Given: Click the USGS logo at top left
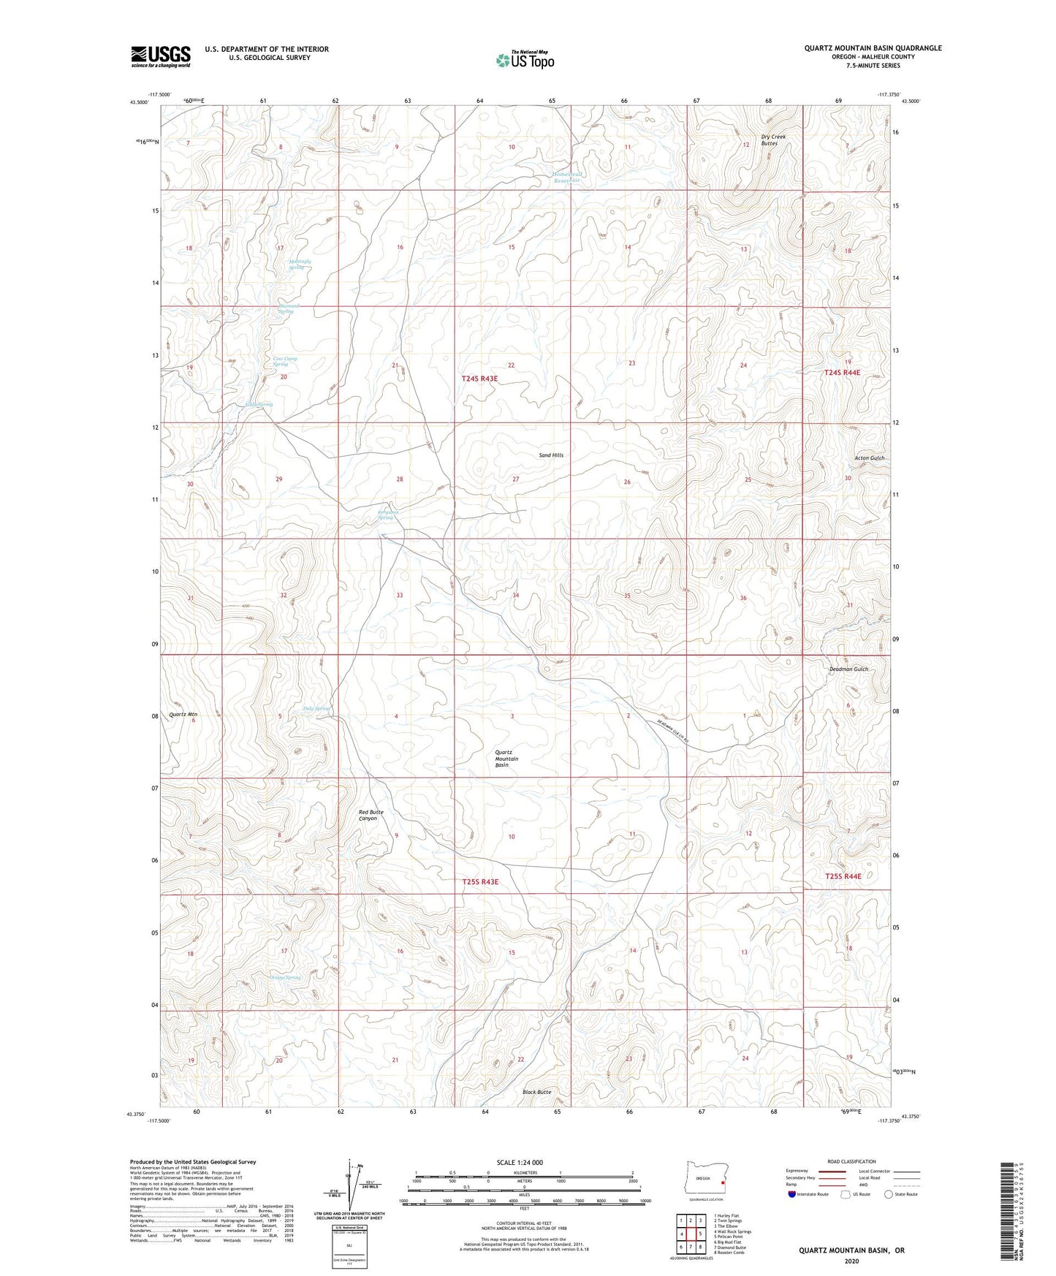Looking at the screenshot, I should (x=160, y=56).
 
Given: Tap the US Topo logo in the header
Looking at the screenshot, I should (x=523, y=61).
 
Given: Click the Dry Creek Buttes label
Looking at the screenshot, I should (x=769, y=140).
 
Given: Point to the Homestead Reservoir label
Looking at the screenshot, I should (x=567, y=178).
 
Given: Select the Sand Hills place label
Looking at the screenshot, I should (x=551, y=455).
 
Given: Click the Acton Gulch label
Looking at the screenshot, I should (x=869, y=458).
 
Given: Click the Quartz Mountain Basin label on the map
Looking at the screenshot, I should (x=506, y=759).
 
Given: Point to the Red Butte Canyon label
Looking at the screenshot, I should (x=371, y=816).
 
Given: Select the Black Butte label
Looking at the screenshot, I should (x=536, y=1092).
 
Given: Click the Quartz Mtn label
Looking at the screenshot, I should (x=183, y=714).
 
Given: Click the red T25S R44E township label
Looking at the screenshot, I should (x=843, y=876).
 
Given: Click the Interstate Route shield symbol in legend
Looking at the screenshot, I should (x=792, y=1194).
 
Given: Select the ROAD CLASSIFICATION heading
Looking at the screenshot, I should (x=851, y=1161).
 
